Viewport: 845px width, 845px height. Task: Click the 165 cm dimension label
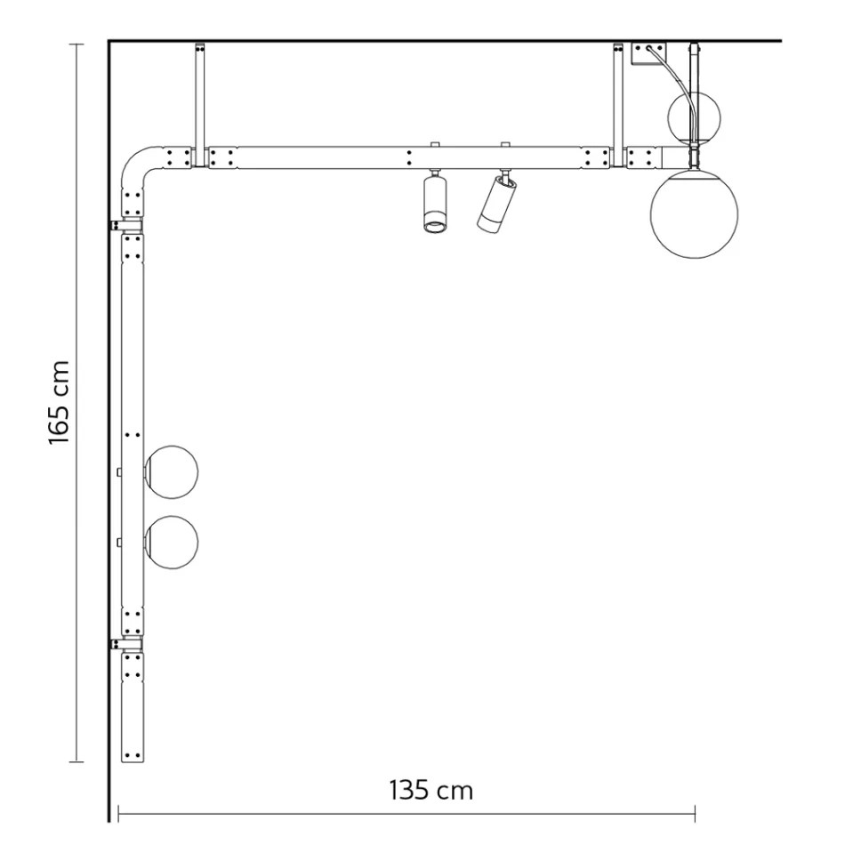(60, 402)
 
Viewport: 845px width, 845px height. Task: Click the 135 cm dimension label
(431, 789)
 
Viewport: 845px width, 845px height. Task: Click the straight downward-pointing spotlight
(433, 204)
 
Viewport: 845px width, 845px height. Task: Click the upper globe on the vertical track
(172, 471)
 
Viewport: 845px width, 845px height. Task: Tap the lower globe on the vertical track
(172, 541)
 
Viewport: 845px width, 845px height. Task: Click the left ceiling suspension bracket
(199, 98)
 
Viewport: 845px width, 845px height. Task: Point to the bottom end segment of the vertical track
(132, 707)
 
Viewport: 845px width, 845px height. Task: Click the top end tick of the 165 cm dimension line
(77, 44)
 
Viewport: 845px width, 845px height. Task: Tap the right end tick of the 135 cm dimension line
(695, 811)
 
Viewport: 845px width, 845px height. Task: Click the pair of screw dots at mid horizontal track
(408, 158)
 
